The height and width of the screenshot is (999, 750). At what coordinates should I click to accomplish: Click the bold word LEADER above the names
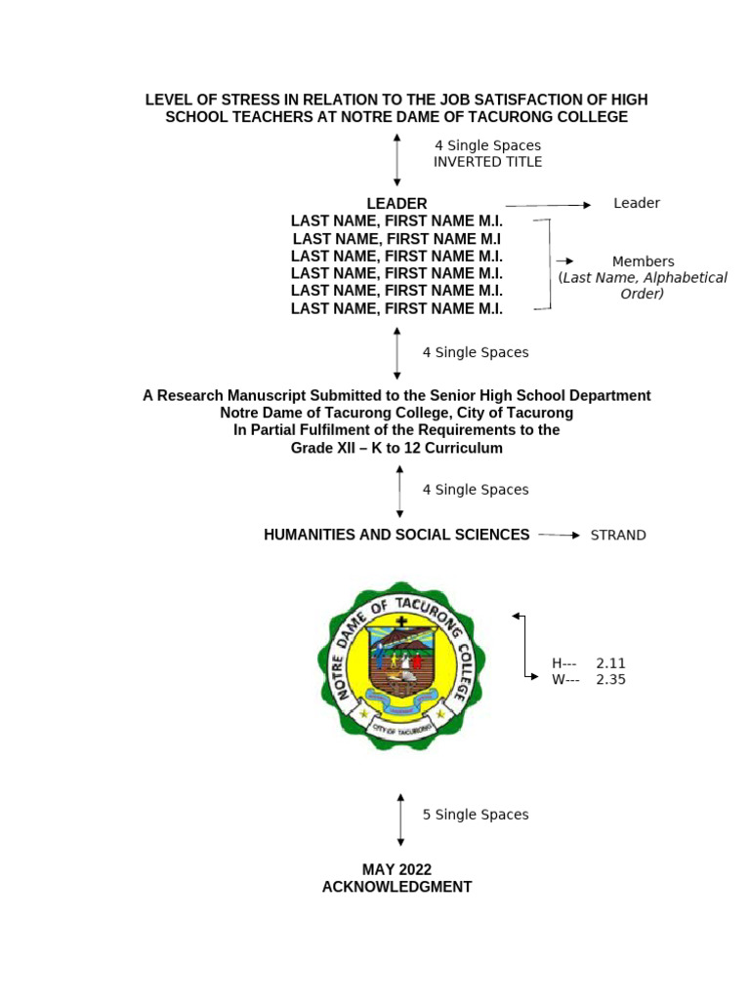click(x=396, y=204)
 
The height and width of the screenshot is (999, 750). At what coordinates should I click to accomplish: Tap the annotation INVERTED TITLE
click(x=487, y=162)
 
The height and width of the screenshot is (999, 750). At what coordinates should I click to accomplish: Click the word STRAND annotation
click(x=618, y=536)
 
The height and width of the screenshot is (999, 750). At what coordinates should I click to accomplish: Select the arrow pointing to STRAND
click(x=559, y=536)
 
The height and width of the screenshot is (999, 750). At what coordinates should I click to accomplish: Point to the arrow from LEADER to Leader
click(x=548, y=205)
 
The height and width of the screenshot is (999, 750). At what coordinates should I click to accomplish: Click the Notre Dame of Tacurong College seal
click(x=396, y=665)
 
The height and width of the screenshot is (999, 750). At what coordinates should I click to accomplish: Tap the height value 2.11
click(x=610, y=663)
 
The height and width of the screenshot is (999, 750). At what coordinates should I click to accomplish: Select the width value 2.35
click(x=610, y=680)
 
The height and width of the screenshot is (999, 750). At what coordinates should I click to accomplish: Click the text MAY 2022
click(x=396, y=869)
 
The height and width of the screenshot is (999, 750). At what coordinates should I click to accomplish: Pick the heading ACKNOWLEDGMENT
click(x=396, y=888)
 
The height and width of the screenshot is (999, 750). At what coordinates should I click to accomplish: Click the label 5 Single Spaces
click(x=476, y=815)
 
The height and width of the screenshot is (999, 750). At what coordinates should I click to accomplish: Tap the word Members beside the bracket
click(x=643, y=261)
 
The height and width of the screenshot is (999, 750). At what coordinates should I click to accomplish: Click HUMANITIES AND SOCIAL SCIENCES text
click(x=396, y=535)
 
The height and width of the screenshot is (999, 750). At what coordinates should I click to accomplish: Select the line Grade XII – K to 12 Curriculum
click(x=396, y=449)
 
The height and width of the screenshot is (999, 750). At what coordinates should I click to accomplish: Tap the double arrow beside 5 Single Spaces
click(x=400, y=819)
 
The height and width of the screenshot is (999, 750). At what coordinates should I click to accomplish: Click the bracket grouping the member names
click(x=549, y=263)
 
